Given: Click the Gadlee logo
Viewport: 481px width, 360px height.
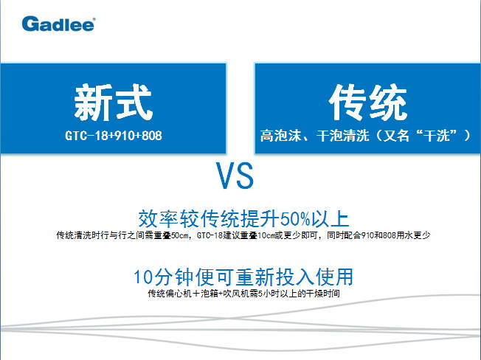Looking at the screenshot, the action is pos(58,24).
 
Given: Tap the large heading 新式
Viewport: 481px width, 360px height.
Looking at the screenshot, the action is pos(113,102).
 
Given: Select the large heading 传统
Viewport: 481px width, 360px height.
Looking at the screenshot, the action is pos(368,102).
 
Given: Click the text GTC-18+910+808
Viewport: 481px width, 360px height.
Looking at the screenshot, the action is pos(113,135).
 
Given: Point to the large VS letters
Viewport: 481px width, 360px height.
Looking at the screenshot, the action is pos(235,176).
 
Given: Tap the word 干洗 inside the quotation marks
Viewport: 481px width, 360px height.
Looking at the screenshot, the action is pos(437,135).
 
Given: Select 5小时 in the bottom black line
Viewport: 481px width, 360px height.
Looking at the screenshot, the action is pos(266,294).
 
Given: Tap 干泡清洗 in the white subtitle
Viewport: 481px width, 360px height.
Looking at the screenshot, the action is pos(342,135).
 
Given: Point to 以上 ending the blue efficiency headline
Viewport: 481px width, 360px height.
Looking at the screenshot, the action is pos(331,219).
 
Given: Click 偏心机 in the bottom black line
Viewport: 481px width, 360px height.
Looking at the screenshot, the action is pos(179,294).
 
